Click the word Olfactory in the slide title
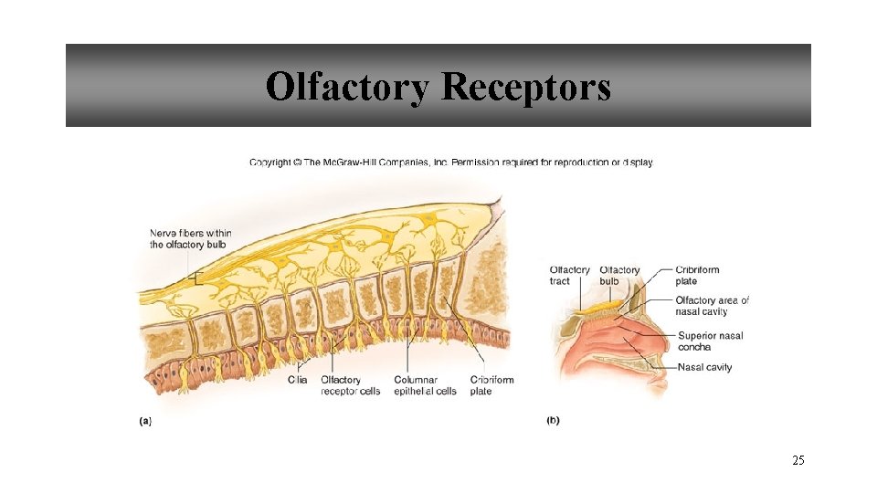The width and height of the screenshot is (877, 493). click(x=348, y=88)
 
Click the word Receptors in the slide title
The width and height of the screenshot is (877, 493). click(x=526, y=88)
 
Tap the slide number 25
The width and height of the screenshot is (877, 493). click(x=798, y=461)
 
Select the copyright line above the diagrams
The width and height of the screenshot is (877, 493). click(x=451, y=163)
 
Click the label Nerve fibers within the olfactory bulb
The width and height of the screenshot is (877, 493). click(x=190, y=239)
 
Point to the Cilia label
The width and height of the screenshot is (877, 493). click(x=297, y=380)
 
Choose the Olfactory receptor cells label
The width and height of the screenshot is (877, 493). click(x=350, y=385)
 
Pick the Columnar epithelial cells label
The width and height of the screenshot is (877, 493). click(x=425, y=385)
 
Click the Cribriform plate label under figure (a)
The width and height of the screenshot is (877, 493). click(x=491, y=385)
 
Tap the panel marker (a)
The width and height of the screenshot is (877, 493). click(x=145, y=421)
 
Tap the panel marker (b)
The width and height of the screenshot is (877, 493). click(x=553, y=421)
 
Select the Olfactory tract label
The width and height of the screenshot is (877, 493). click(x=569, y=276)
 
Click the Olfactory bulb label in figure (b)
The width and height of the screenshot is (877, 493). click(x=619, y=276)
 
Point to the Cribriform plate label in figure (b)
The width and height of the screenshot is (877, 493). click(x=697, y=276)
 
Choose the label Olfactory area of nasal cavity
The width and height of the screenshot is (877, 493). click(x=712, y=306)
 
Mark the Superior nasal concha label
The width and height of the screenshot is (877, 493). click(x=710, y=341)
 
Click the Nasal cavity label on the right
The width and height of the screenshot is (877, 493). click(x=704, y=368)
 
